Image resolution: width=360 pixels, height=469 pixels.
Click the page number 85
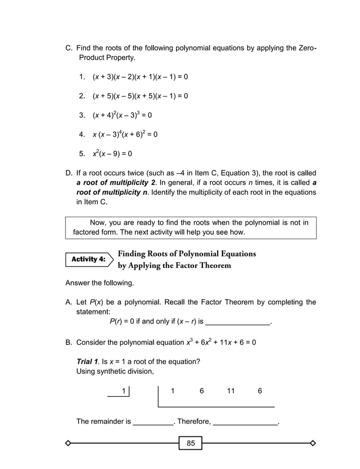(191, 444)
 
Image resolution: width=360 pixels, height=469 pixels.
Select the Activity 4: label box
(88, 260)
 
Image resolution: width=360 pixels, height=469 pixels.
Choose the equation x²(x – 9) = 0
(112, 154)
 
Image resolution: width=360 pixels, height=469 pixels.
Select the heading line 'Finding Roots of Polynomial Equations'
(187, 253)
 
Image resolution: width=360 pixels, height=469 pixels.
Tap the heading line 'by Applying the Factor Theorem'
(174, 265)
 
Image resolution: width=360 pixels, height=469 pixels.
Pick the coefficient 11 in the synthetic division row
(231, 391)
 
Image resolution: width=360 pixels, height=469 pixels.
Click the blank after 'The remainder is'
(153, 422)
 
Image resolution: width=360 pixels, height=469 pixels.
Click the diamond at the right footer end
(313, 443)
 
